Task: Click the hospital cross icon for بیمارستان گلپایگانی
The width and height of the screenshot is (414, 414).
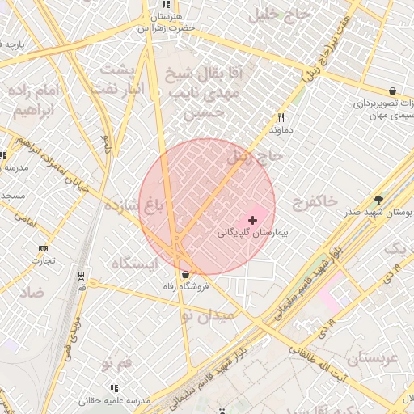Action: click(x=253, y=219)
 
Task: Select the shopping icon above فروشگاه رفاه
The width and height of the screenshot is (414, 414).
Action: click(x=186, y=274)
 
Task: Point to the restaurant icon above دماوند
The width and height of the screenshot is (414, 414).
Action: click(x=281, y=117)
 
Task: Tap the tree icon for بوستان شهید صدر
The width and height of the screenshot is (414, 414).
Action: click(x=379, y=200)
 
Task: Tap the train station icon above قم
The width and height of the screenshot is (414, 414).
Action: click(x=82, y=275)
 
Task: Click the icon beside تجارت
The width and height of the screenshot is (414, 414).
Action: click(x=43, y=248)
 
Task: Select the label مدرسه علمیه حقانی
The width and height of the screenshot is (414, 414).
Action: click(x=115, y=400)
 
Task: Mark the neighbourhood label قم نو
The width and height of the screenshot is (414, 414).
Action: click(x=117, y=365)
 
